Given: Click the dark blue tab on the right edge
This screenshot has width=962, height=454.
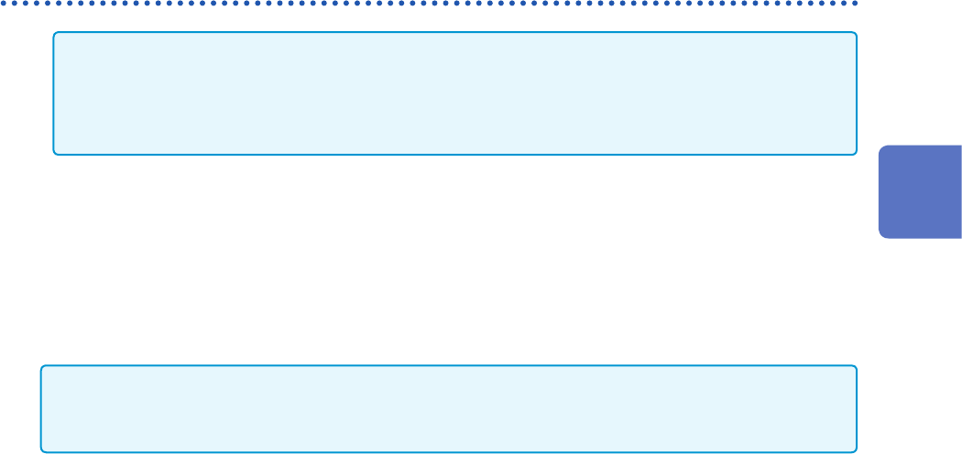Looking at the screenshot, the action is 921,191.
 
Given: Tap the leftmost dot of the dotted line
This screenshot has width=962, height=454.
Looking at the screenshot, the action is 3,3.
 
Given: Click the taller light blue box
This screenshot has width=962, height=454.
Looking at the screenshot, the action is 454,93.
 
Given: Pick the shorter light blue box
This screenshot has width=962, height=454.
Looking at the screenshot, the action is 449,409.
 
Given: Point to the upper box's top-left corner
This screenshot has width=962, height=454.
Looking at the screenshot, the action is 55,34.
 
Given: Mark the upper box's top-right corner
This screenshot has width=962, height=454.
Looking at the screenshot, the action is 855,34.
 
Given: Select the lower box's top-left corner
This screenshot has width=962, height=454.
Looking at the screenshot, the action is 43,368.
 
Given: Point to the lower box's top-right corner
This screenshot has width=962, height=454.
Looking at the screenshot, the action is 855,368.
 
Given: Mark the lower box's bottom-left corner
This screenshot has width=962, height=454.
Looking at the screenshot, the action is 43,450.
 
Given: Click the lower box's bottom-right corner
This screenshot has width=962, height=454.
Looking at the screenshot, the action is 855,450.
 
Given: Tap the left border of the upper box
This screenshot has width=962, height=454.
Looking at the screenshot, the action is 53,93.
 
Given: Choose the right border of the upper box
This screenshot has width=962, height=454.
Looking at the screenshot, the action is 857,93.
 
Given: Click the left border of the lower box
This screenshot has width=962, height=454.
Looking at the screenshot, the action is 41,409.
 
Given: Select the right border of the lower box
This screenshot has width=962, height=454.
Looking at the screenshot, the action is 857,409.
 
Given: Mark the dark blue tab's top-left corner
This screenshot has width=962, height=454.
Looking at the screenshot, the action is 880,146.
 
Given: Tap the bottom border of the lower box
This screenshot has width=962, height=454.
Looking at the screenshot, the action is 449,452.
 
